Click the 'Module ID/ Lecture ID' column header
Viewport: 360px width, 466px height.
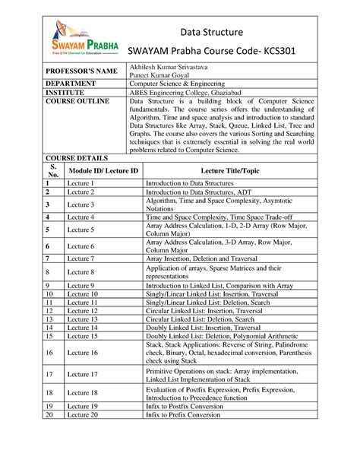tap(103, 172)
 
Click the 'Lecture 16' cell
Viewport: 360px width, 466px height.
tap(83, 353)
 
